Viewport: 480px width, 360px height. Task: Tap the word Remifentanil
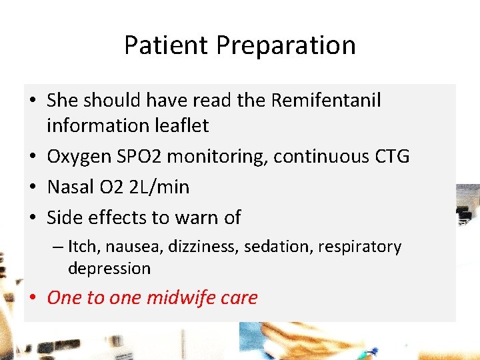point(326,100)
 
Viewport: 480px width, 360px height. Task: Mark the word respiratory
point(359,247)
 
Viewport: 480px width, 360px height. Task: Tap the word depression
point(109,269)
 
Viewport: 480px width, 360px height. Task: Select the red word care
point(242,297)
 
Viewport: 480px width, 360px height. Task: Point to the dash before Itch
point(57,247)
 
